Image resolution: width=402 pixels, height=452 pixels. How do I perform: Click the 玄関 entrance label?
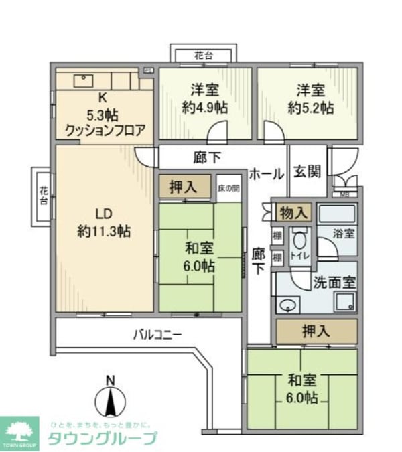[308, 171]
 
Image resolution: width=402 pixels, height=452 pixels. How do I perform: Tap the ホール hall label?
[265, 174]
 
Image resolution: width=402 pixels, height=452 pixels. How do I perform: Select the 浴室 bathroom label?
[344, 234]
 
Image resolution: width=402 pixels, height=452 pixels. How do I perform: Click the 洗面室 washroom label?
[334, 282]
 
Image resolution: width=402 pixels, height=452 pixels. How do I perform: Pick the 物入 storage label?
[295, 213]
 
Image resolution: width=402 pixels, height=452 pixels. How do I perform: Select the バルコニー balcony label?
[157, 333]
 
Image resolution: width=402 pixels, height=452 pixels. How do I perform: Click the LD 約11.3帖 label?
[104, 223]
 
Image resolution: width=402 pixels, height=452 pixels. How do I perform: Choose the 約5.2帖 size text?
[310, 107]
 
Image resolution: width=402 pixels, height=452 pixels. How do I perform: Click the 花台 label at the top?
[202, 54]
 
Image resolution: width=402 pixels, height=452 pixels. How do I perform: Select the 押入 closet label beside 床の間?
[183, 188]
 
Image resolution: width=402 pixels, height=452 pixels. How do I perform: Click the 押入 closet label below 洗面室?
[316, 331]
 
